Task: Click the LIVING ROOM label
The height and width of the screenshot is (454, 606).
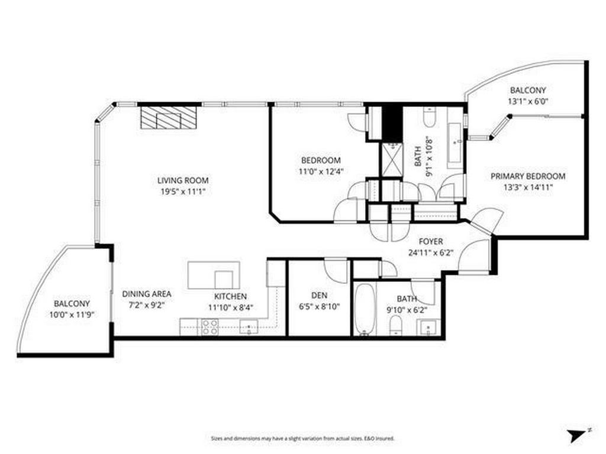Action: coord(183,180)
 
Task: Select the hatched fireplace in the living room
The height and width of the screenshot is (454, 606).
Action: coord(169,117)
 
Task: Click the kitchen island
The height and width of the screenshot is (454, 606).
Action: coord(214,275)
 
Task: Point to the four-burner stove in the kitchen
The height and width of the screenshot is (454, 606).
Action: coord(210,327)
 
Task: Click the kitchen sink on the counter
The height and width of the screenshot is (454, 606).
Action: coord(249,326)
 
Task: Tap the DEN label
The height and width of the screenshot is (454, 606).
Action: coord(320,296)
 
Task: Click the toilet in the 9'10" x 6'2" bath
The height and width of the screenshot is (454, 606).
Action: coord(396,325)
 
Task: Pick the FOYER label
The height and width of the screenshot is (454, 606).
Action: coord(431,241)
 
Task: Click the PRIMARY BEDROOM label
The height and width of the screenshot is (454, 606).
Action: coord(527,176)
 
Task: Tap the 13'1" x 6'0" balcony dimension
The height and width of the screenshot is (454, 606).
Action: coord(528,101)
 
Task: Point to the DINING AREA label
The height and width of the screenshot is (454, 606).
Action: coord(147,294)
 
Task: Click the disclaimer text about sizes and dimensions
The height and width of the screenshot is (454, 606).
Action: coord(302,439)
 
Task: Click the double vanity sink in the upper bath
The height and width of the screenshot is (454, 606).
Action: coord(454,142)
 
